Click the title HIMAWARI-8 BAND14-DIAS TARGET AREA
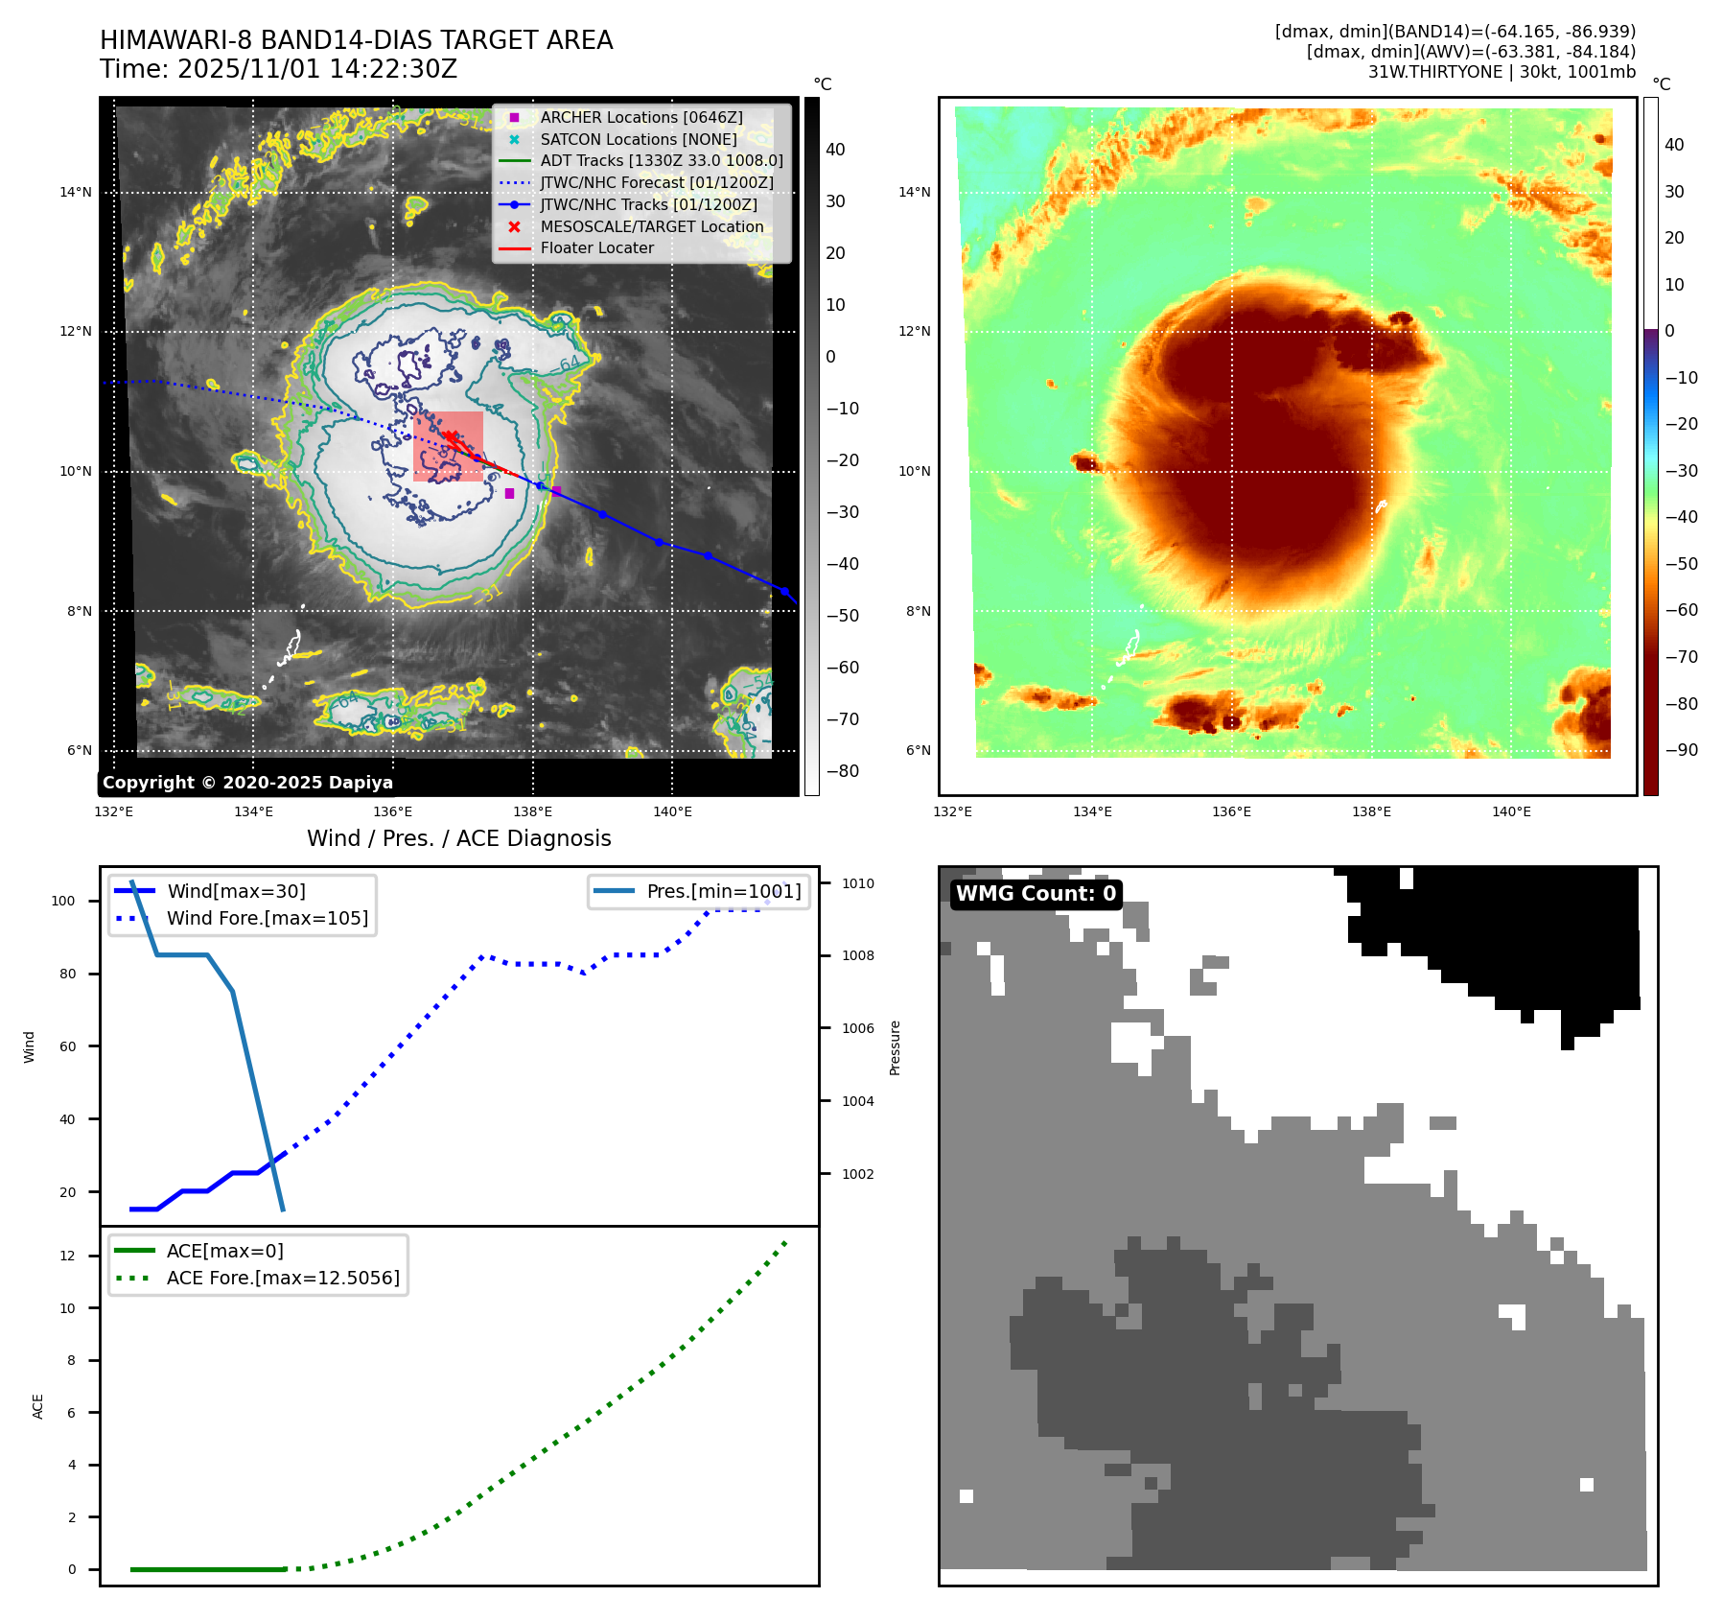tap(356, 40)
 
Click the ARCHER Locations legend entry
tap(640, 117)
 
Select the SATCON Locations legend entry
tap(638, 139)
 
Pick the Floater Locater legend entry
tap(596, 247)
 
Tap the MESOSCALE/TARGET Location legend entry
tap(651, 226)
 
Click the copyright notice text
tap(247, 783)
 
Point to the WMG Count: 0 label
tap(1036, 894)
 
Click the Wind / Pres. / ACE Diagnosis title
tap(458, 838)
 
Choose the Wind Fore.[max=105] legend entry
tap(267, 918)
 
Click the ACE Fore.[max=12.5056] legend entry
tap(283, 1278)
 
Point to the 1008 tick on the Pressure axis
tap(858, 955)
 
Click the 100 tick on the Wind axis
tap(63, 901)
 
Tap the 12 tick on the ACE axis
tap(67, 1256)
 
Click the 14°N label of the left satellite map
tap(76, 192)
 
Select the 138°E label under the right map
tap(1371, 811)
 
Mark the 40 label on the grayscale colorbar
tap(835, 150)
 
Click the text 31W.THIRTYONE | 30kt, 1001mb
tap(1502, 72)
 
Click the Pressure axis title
tap(895, 1047)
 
